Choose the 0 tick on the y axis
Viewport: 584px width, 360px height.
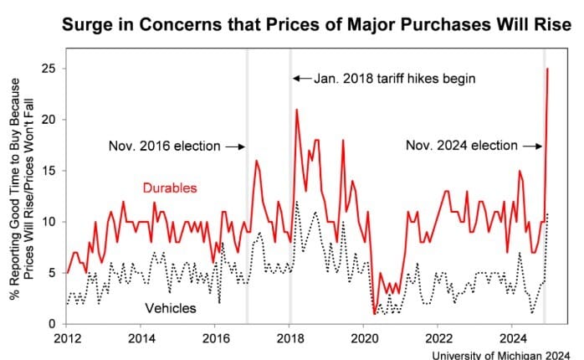[52, 324]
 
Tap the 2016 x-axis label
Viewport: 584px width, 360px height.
[214, 339]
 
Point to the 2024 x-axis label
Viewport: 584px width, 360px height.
[510, 339]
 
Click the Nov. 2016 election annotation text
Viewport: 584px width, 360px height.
[165, 147]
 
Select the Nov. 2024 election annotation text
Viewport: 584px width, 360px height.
[462, 146]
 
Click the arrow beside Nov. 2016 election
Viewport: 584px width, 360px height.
[235, 147]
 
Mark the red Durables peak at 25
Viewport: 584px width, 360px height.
[547, 69]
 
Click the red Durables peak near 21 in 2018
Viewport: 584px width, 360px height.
[296, 110]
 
